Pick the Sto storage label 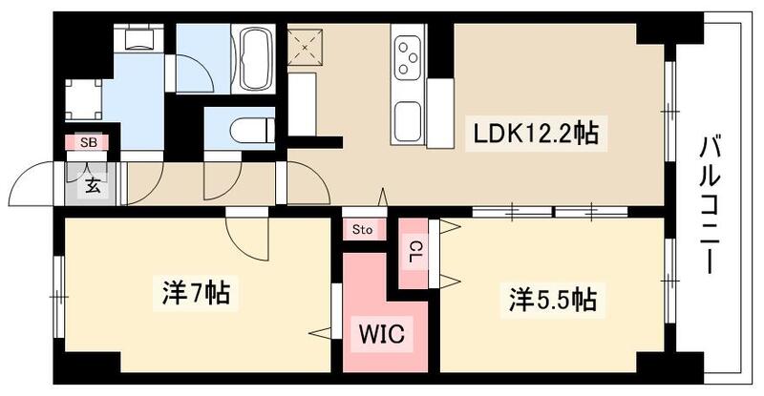point(363,229)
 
